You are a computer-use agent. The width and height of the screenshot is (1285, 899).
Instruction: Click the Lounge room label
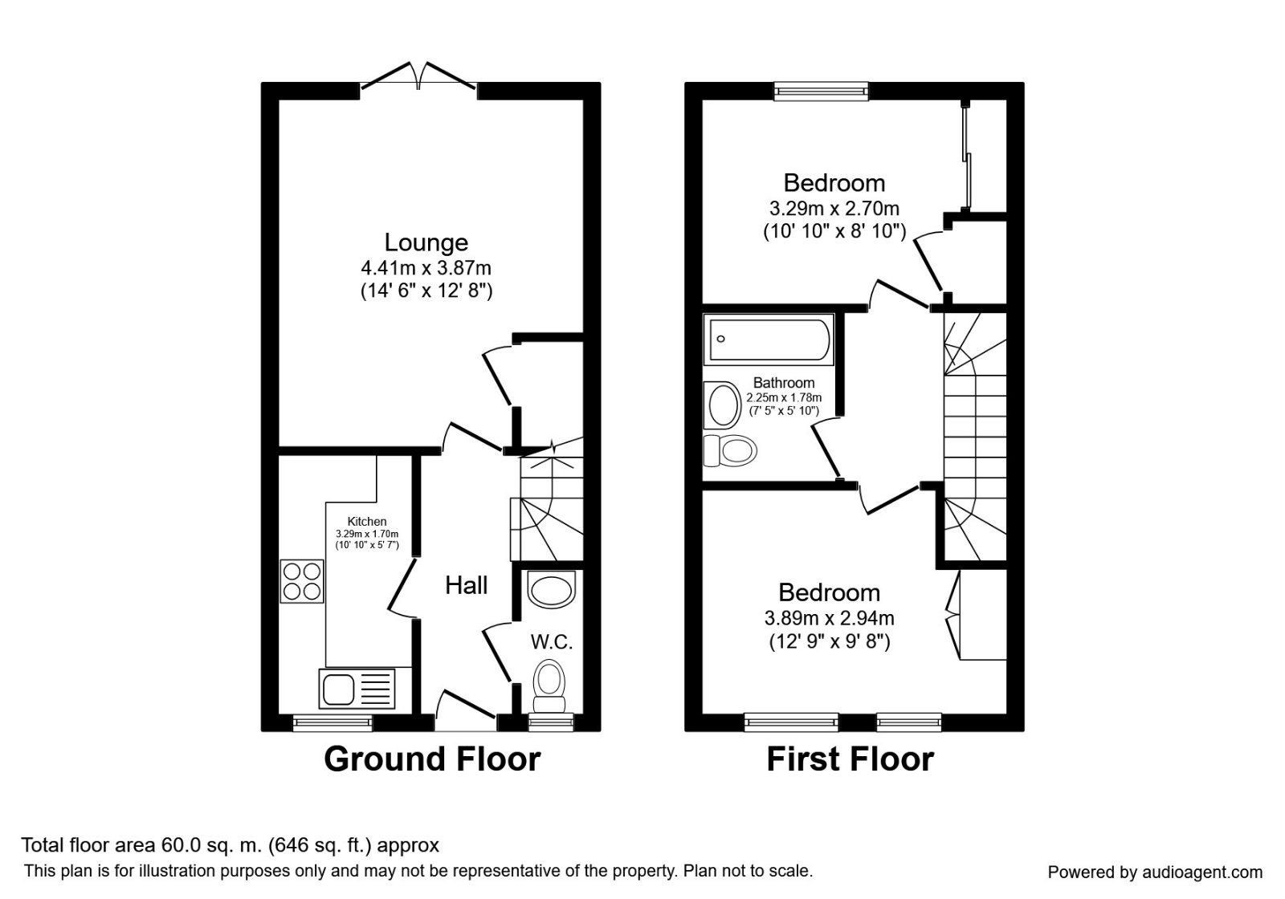pos(426,242)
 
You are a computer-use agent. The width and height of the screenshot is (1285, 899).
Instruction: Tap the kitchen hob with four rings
pos(302,581)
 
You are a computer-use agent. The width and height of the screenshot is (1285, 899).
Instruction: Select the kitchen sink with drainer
pos(357,689)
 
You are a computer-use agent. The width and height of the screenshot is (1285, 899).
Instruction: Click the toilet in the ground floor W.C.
pos(549,685)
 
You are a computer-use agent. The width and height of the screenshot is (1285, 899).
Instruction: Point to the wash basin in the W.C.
pos(553,589)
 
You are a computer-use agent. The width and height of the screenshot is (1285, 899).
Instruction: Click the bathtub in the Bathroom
pos(769,340)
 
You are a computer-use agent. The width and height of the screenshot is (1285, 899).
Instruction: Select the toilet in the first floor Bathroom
pos(732,450)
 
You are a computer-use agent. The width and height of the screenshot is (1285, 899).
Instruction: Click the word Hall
pos(466,585)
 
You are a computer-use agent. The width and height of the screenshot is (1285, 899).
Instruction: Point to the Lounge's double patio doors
pos(418,78)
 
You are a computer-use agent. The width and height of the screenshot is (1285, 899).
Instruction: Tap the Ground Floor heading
pos(432,759)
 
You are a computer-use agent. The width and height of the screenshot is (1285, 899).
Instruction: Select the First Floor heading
pos(850,759)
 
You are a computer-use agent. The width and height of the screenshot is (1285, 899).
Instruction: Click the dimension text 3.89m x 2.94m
pos(829,618)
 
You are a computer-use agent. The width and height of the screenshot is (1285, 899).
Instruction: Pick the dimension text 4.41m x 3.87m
pos(426,267)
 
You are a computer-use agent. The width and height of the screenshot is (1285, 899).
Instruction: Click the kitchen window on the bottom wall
pos(332,723)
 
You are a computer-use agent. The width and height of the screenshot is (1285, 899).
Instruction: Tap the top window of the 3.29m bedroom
pos(822,91)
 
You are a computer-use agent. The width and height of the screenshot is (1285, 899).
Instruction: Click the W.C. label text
pos(552,642)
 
